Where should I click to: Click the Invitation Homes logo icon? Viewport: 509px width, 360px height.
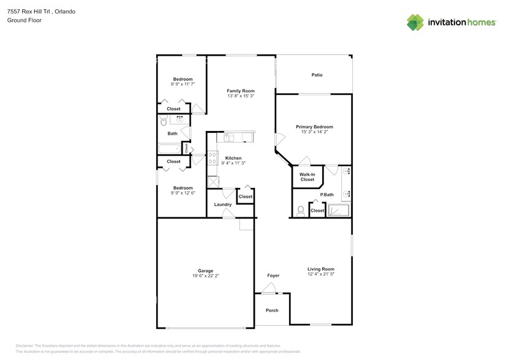[x=416, y=23]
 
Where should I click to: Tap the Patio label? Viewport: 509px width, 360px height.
[x=317, y=75]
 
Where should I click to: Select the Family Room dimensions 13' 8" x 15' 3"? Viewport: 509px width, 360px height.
[x=241, y=96]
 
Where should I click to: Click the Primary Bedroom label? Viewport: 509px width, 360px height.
[x=314, y=127]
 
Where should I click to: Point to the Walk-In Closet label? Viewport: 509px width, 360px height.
[x=307, y=177]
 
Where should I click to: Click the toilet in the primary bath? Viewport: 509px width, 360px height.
[x=300, y=211]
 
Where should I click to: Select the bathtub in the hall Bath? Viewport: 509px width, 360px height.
[x=168, y=149]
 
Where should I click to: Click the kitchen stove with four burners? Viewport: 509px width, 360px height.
[x=212, y=159]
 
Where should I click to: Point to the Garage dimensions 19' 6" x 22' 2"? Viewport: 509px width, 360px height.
[x=205, y=276]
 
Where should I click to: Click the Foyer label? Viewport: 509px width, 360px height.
[x=273, y=276]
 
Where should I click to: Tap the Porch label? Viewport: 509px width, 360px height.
[x=272, y=310]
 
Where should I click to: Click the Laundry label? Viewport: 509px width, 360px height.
[x=222, y=204]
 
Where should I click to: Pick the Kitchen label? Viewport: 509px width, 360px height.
[x=233, y=158]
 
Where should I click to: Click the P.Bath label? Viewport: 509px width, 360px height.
[x=327, y=195]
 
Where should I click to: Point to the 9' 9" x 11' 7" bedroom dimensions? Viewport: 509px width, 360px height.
[x=183, y=84]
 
